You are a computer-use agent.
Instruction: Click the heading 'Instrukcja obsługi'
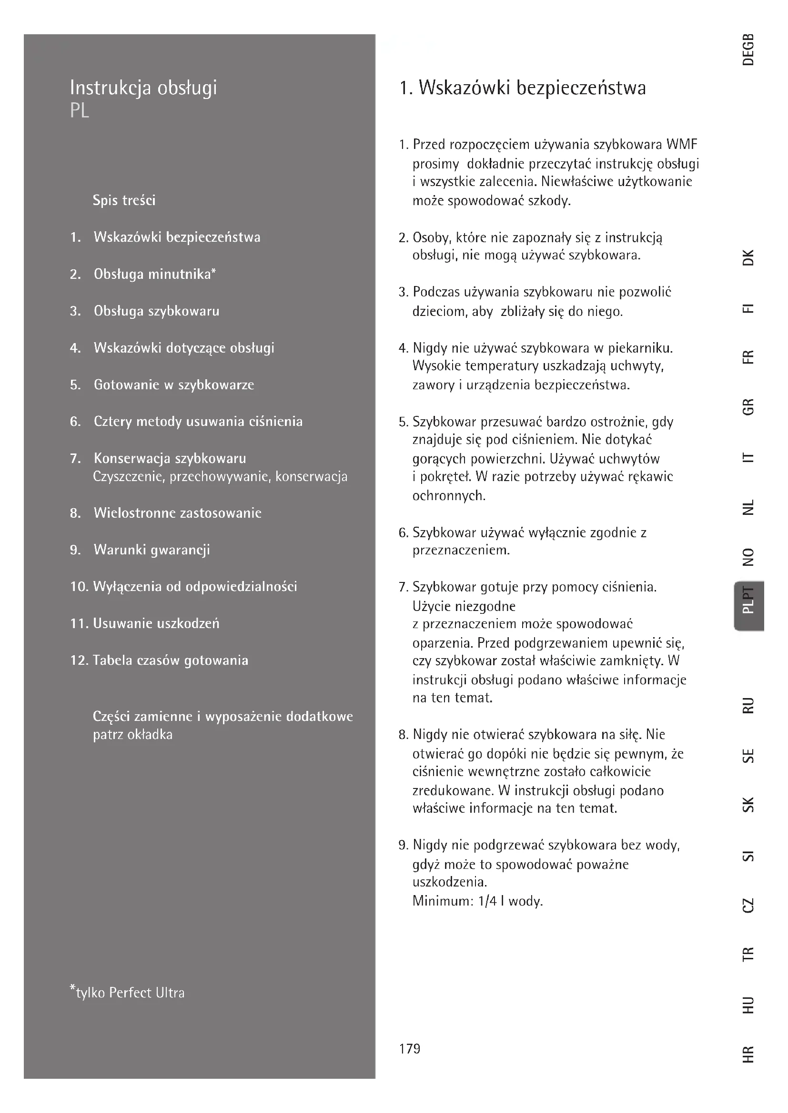(x=143, y=88)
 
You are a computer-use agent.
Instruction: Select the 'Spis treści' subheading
(x=124, y=200)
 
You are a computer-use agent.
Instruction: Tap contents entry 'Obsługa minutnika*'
(x=154, y=275)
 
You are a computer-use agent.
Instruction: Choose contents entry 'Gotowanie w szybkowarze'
(x=174, y=385)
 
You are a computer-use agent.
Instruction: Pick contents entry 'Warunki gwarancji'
(x=152, y=550)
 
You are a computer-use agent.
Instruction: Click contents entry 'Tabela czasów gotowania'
(x=170, y=660)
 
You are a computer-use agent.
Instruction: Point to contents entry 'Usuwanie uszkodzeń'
(x=156, y=623)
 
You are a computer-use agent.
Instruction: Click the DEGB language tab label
(x=748, y=49)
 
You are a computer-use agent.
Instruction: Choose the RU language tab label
(x=748, y=705)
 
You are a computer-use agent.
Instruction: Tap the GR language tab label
(x=748, y=407)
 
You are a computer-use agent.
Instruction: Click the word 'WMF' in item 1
(x=682, y=145)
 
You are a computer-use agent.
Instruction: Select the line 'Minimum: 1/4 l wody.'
(x=477, y=901)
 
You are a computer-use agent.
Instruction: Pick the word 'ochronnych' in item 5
(x=448, y=496)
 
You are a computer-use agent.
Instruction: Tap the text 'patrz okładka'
(x=132, y=734)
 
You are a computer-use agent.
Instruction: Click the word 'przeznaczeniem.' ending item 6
(x=461, y=551)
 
